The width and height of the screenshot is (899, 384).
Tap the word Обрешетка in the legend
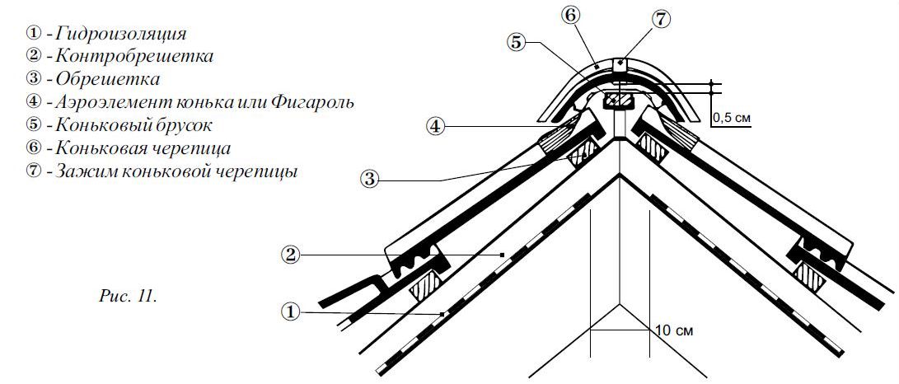click(107, 80)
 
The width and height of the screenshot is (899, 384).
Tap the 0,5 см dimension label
click(731, 118)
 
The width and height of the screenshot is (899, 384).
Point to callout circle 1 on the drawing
click(290, 311)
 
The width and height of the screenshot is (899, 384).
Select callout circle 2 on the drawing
click(290, 255)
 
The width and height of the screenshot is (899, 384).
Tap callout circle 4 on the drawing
click(437, 126)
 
